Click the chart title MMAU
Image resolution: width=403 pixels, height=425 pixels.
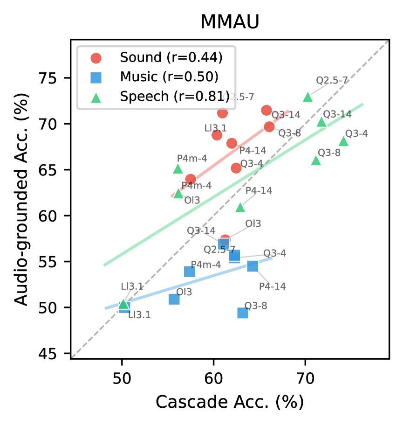point(229,22)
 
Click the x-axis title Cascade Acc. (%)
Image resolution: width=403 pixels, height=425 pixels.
point(229,401)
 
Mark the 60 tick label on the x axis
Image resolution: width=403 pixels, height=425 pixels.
point(213,376)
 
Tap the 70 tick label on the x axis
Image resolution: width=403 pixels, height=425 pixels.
point(305,376)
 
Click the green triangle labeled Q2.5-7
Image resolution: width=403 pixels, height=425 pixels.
point(307,97)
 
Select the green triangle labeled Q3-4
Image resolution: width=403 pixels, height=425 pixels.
point(344,141)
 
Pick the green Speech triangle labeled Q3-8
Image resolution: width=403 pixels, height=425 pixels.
point(316,160)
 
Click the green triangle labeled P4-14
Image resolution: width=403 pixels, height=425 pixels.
point(240,207)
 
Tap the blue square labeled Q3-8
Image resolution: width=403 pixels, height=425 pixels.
point(243,313)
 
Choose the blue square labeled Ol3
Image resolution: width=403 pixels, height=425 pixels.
point(174,299)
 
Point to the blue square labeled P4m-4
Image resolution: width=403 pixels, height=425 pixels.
point(189,272)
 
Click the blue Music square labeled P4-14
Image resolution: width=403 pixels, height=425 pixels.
point(253,265)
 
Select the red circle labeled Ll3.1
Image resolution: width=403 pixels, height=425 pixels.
point(217,135)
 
